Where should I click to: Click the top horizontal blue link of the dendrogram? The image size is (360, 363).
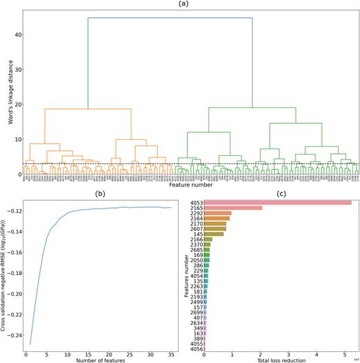click(170, 18)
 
